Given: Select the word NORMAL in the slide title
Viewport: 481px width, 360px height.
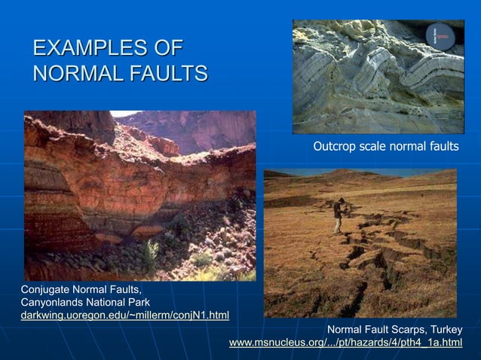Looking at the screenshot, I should pos(75,74).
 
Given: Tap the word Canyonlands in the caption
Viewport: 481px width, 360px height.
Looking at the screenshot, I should pos(53,302).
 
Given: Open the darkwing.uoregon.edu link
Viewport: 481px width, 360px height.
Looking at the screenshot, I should pos(124,314).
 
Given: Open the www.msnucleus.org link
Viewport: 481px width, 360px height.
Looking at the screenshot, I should pos(345,343).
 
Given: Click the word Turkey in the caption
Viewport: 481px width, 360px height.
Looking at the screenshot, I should pos(444,331).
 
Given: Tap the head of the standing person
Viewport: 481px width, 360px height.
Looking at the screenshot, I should pos(341,201).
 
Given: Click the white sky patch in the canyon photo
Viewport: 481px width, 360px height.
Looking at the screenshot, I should pos(124,114).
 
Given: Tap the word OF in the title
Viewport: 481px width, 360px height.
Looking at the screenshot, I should pos(166,49).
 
